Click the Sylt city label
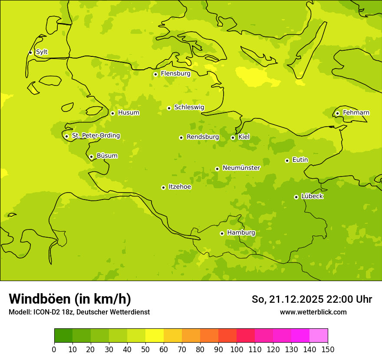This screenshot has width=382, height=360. pos(42,52)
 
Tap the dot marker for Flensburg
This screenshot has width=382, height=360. pos(155,74)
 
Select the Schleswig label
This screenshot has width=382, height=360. pos(189,107)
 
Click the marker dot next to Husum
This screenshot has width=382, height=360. pos(112,113)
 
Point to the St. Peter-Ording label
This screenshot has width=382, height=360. pos(95,135)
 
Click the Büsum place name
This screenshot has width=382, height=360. pos(107,156)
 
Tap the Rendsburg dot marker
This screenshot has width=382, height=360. pos(181,137)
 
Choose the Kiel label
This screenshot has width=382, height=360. pos(244,137)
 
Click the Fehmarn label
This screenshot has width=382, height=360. pos(356,113)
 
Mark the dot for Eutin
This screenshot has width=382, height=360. pos(287,160)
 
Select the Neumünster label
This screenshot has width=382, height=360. pos(241,168)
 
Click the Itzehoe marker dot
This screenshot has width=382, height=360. pos(163,187)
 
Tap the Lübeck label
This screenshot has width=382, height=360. pos(312,196)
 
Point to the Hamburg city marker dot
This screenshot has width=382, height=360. pos(222,233)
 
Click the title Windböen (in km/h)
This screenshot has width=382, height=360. pos(70,299)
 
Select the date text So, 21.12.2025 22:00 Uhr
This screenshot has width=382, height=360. pos(312,299)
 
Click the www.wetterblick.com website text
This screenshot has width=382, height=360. pos(313,312)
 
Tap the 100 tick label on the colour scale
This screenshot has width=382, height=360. pos(237,349)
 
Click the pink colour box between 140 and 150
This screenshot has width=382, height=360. pos(319,336)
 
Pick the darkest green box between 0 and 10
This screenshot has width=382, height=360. pos(63,336)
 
